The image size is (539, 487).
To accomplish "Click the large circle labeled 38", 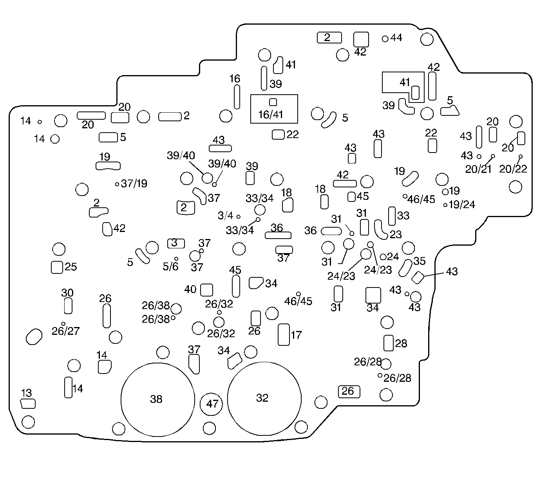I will pos(157,399).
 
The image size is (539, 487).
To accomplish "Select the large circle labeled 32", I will pos(264,399).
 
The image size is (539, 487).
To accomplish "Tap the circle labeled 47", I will pos(212,404).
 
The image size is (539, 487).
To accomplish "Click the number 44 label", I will pos(396,38).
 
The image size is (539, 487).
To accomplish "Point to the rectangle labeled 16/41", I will pos(274,109).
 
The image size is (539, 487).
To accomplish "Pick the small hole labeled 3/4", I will pos(238,216).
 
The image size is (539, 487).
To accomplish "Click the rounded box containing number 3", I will pos(176,243).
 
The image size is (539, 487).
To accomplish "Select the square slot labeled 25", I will pos(57,267).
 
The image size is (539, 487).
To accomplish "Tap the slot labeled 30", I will pos(68,305).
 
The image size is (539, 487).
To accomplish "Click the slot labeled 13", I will pos(28,403).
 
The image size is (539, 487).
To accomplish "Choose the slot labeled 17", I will pos(284,334).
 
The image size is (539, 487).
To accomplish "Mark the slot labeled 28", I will pos(388,343).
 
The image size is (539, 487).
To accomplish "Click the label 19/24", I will pos(462,205).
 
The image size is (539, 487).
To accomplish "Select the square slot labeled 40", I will pos(206,290).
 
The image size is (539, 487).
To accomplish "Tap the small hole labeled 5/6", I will pos(176,259).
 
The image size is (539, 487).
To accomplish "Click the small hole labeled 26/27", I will pos(63,323).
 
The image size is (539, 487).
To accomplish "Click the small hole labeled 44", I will pos(385,39).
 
